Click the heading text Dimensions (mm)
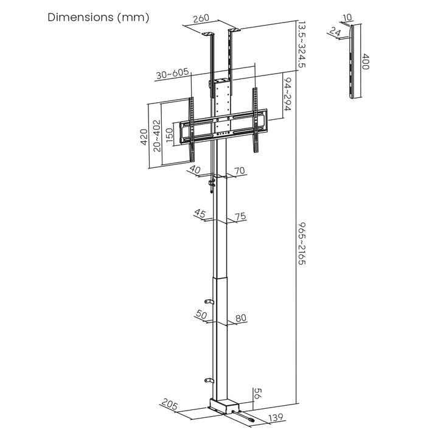coord(98,18)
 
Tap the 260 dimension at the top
coord(201,19)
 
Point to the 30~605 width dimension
coord(172,75)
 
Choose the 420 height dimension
coord(144,134)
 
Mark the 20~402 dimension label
coord(157,134)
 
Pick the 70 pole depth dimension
coord(240,172)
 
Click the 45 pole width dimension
coord(200,214)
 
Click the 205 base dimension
coord(170,403)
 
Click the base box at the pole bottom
coord(224,405)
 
